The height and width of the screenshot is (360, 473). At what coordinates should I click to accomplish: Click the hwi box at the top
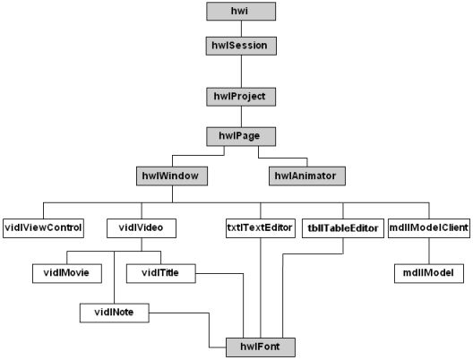[241, 12]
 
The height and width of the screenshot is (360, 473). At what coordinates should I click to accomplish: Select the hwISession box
[241, 47]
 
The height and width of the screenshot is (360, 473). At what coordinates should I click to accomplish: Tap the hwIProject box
[241, 97]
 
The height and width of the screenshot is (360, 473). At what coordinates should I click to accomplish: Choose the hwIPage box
[241, 137]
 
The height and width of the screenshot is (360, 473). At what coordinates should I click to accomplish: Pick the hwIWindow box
[172, 176]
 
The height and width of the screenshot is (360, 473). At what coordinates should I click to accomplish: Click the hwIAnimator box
[307, 176]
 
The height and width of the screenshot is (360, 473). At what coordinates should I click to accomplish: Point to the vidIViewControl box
[43, 228]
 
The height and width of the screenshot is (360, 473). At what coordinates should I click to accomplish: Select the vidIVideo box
[142, 228]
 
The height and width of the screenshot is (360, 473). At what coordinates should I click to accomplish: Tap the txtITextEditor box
[261, 228]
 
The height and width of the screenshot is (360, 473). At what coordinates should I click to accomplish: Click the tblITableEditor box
[343, 228]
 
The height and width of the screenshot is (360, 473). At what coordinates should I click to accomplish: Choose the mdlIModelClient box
[429, 228]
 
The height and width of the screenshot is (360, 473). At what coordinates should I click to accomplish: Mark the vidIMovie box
[67, 273]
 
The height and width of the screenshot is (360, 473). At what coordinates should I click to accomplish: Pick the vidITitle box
[161, 273]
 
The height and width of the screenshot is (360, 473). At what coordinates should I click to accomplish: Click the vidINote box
[115, 313]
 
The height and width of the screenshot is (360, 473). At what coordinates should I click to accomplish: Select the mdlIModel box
[429, 273]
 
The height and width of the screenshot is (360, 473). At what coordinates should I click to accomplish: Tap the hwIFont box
[261, 347]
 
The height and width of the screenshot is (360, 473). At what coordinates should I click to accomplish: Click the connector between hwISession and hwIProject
[241, 72]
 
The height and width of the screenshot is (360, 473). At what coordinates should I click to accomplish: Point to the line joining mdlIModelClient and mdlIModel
[429, 251]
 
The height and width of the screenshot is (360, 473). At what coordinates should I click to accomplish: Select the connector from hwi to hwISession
[241, 29]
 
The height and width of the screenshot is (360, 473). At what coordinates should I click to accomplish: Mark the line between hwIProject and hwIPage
[241, 116]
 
